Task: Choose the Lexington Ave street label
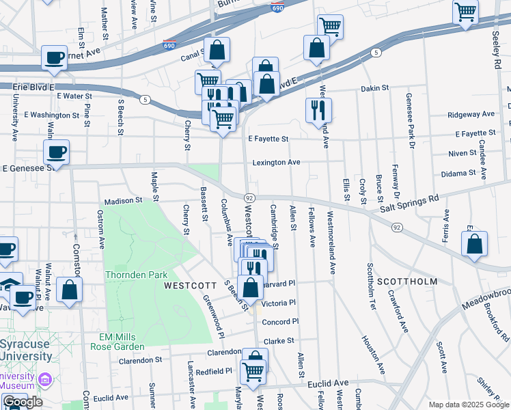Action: pyautogui.click(x=276, y=163)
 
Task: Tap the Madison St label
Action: pyautogui.click(x=122, y=201)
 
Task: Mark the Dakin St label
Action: pyautogui.click(x=374, y=88)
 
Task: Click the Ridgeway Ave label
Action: pyautogui.click(x=471, y=114)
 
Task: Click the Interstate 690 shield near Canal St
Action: pyautogui.click(x=170, y=46)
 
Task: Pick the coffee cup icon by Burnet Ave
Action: pyautogui.click(x=54, y=57)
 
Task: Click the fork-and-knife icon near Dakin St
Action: pyautogui.click(x=318, y=109)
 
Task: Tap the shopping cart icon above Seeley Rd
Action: pyautogui.click(x=465, y=11)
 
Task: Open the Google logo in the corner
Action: pyautogui.click(x=23, y=402)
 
